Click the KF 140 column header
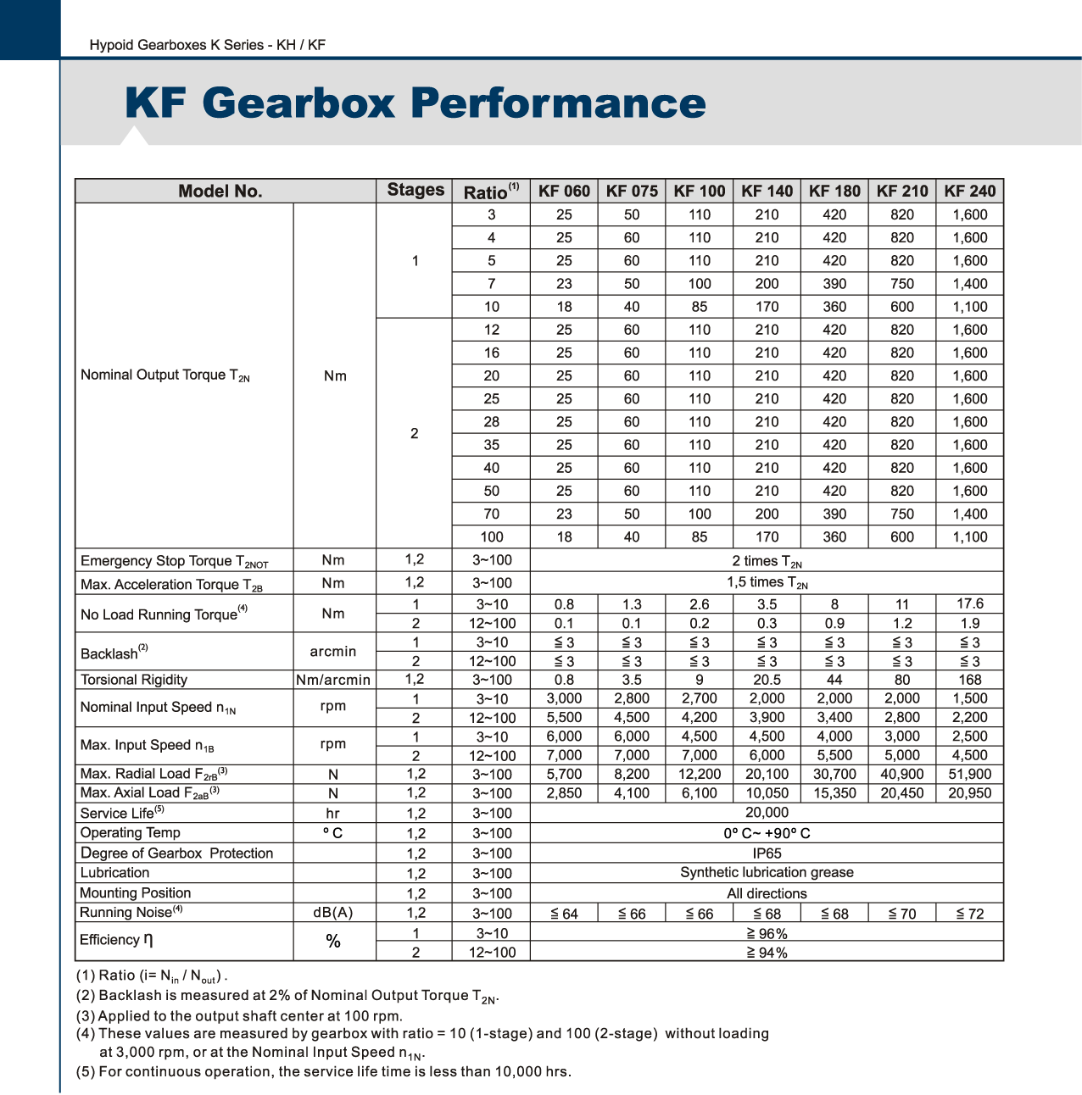click(x=767, y=191)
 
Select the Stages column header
click(x=416, y=190)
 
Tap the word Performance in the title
click(x=558, y=103)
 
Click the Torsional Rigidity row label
click(x=134, y=680)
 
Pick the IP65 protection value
click(x=767, y=853)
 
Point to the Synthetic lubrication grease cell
click(x=767, y=873)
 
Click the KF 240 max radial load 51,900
click(x=969, y=774)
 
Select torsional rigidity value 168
click(x=969, y=680)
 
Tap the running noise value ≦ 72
click(x=969, y=914)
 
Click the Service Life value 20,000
click(x=767, y=813)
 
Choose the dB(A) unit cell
click(x=333, y=913)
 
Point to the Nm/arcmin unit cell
click(x=333, y=680)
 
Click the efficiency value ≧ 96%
click(x=767, y=934)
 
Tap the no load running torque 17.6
click(x=969, y=604)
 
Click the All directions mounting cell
click(x=767, y=893)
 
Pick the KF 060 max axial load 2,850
click(x=564, y=793)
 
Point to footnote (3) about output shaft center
click(x=239, y=1015)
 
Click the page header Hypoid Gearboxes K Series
click(x=207, y=45)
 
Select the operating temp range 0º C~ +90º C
click(x=767, y=833)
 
